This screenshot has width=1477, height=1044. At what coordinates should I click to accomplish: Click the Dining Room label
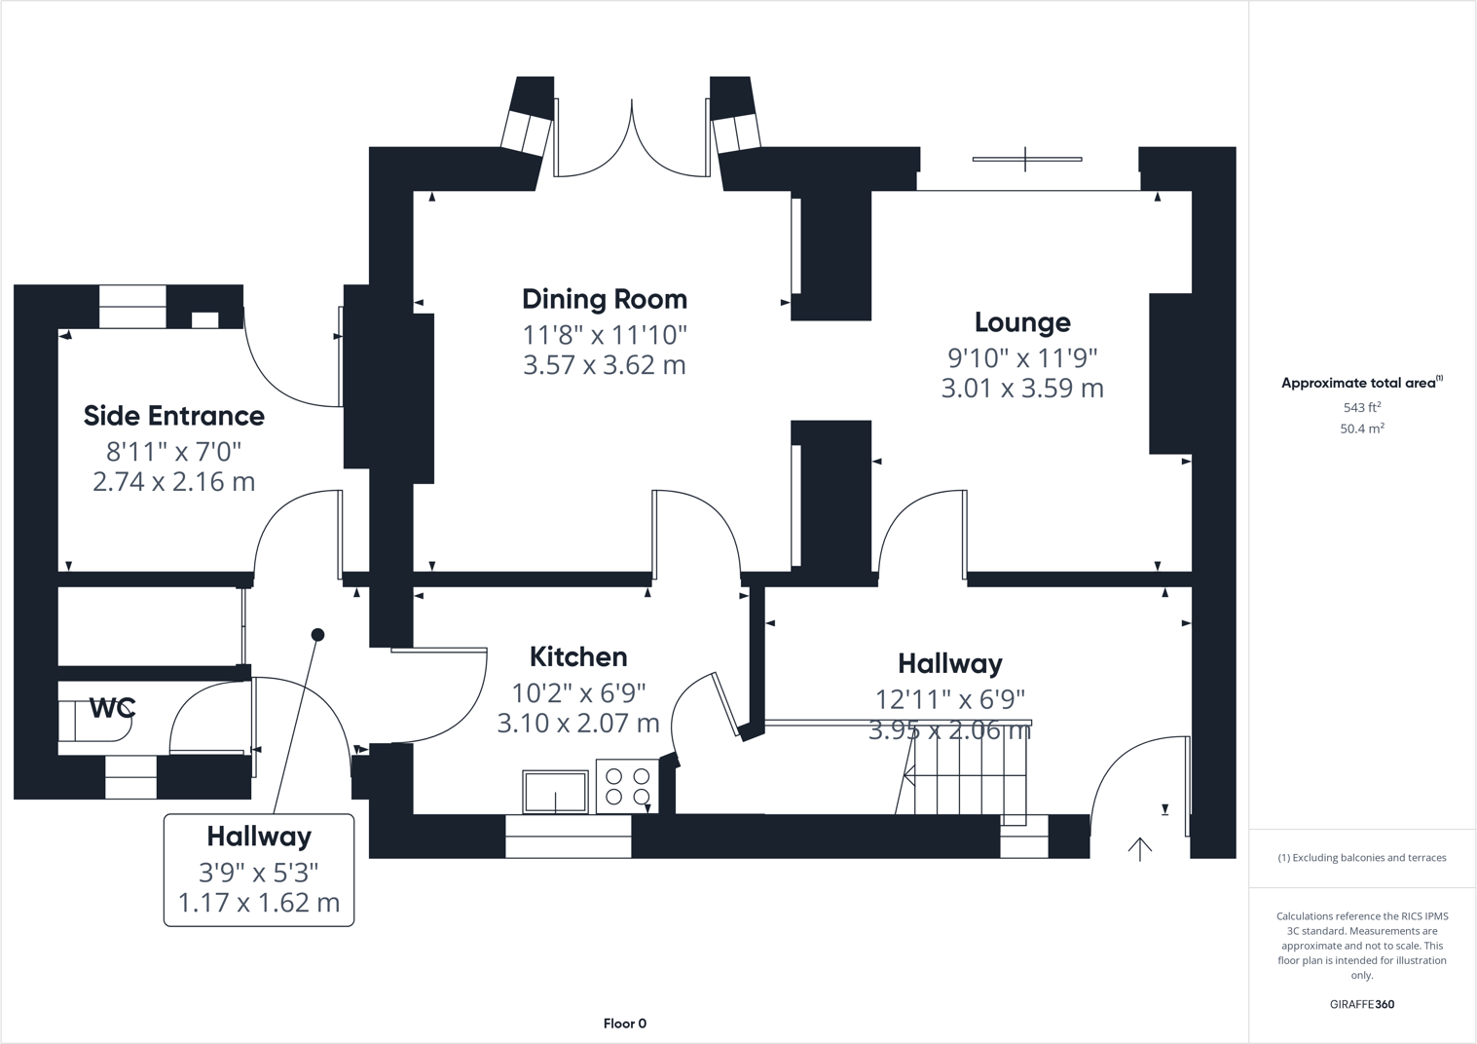[604, 299]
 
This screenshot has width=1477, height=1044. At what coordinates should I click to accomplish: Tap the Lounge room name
[1021, 322]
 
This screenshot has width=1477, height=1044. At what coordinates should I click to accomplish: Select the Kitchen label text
[577, 656]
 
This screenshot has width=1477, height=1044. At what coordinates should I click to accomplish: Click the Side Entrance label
[173, 416]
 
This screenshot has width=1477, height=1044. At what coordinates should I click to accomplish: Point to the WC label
[112, 708]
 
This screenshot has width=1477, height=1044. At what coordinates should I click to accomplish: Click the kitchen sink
[555, 791]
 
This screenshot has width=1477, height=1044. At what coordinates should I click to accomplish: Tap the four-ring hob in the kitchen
[627, 787]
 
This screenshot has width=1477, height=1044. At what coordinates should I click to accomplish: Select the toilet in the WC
[92, 722]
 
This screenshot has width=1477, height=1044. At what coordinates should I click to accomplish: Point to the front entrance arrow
[1139, 849]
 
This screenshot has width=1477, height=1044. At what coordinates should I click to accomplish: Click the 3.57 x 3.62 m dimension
[604, 365]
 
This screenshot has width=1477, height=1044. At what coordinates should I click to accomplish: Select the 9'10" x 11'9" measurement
[1021, 357]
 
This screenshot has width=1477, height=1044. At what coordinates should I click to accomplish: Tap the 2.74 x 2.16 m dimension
[173, 481]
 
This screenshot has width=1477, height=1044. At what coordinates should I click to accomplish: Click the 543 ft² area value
[1361, 408]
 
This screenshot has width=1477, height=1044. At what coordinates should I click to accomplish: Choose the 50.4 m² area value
[1361, 429]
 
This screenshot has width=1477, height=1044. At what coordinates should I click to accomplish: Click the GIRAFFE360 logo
[1361, 1004]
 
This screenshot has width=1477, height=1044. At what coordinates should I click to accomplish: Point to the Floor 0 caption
[624, 1024]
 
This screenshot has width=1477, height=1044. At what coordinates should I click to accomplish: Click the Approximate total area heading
[1360, 383]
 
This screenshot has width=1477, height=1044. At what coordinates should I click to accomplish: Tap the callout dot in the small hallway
[317, 635]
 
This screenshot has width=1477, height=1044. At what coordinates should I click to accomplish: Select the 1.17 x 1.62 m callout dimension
[258, 903]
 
